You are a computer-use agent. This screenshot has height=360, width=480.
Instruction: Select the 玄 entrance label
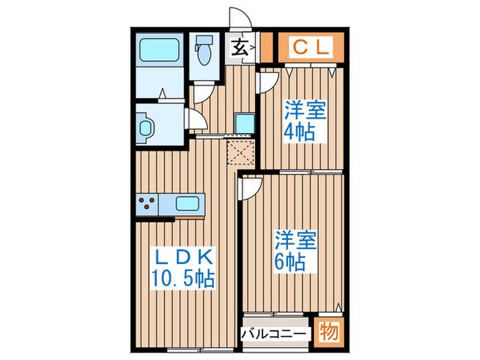240,49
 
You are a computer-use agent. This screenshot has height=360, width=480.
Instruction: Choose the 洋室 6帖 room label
296,250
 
